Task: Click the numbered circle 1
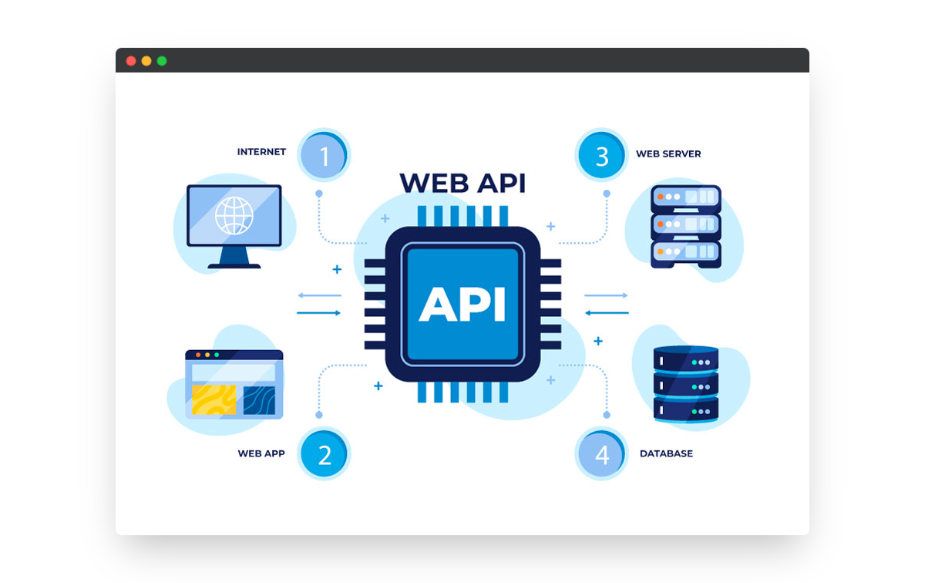pos(325,157)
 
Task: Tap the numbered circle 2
pos(325,455)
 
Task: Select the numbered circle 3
pos(602,157)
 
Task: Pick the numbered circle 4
pos(602,455)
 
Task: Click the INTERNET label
pos(261,152)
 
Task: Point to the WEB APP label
pos(261,453)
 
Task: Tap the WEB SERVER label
pos(668,154)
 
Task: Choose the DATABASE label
pos(666,453)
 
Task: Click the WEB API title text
pos(462,184)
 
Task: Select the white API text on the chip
pos(462,304)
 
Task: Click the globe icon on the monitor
pos(234,215)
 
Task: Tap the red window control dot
pos(131,61)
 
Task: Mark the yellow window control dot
pos(146,61)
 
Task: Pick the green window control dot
pos(162,61)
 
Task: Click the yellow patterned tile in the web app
pos(214,400)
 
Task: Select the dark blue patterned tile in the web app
pos(259,400)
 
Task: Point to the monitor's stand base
pos(234,266)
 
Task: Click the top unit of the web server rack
pos(685,198)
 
